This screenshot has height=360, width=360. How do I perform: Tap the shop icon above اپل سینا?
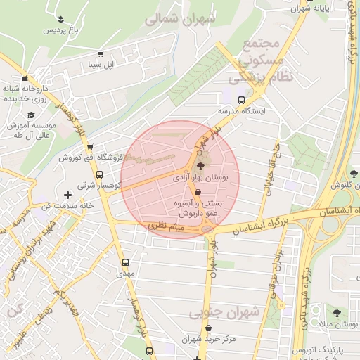[x=101, y=53]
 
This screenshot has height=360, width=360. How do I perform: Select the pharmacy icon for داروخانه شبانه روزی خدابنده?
[x=25, y=78]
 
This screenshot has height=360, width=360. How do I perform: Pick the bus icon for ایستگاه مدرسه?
[x=242, y=100]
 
